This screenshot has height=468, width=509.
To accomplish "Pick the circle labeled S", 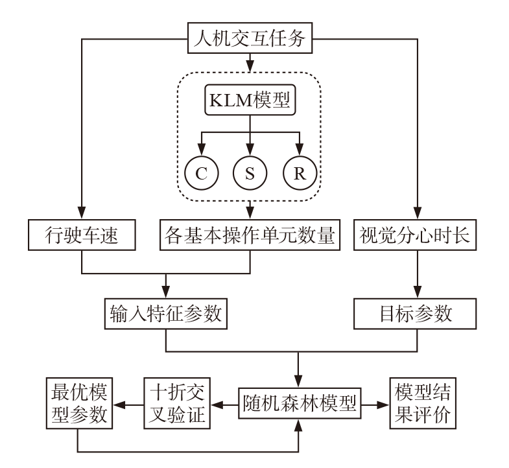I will tap(250, 174).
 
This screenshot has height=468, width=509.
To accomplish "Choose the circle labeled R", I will tap(299, 174).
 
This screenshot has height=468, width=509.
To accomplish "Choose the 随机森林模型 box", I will tap(299, 405).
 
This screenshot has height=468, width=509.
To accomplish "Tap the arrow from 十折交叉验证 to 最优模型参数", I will tap(127, 405).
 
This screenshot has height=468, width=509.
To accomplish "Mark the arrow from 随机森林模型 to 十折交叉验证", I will tap(224, 405).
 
